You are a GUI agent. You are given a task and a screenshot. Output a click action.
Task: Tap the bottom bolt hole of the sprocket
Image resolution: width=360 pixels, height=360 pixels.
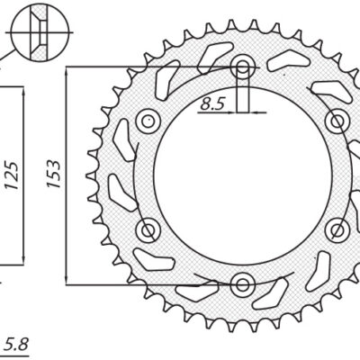coord(242,285)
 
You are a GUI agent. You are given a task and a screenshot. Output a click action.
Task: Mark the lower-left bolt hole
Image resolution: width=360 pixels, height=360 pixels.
coord(148,229)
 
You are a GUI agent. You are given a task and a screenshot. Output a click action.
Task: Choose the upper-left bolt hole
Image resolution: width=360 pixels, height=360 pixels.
coord(148,121)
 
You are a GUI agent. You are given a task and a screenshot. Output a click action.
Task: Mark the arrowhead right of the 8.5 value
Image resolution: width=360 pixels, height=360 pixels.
coord(256,112)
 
